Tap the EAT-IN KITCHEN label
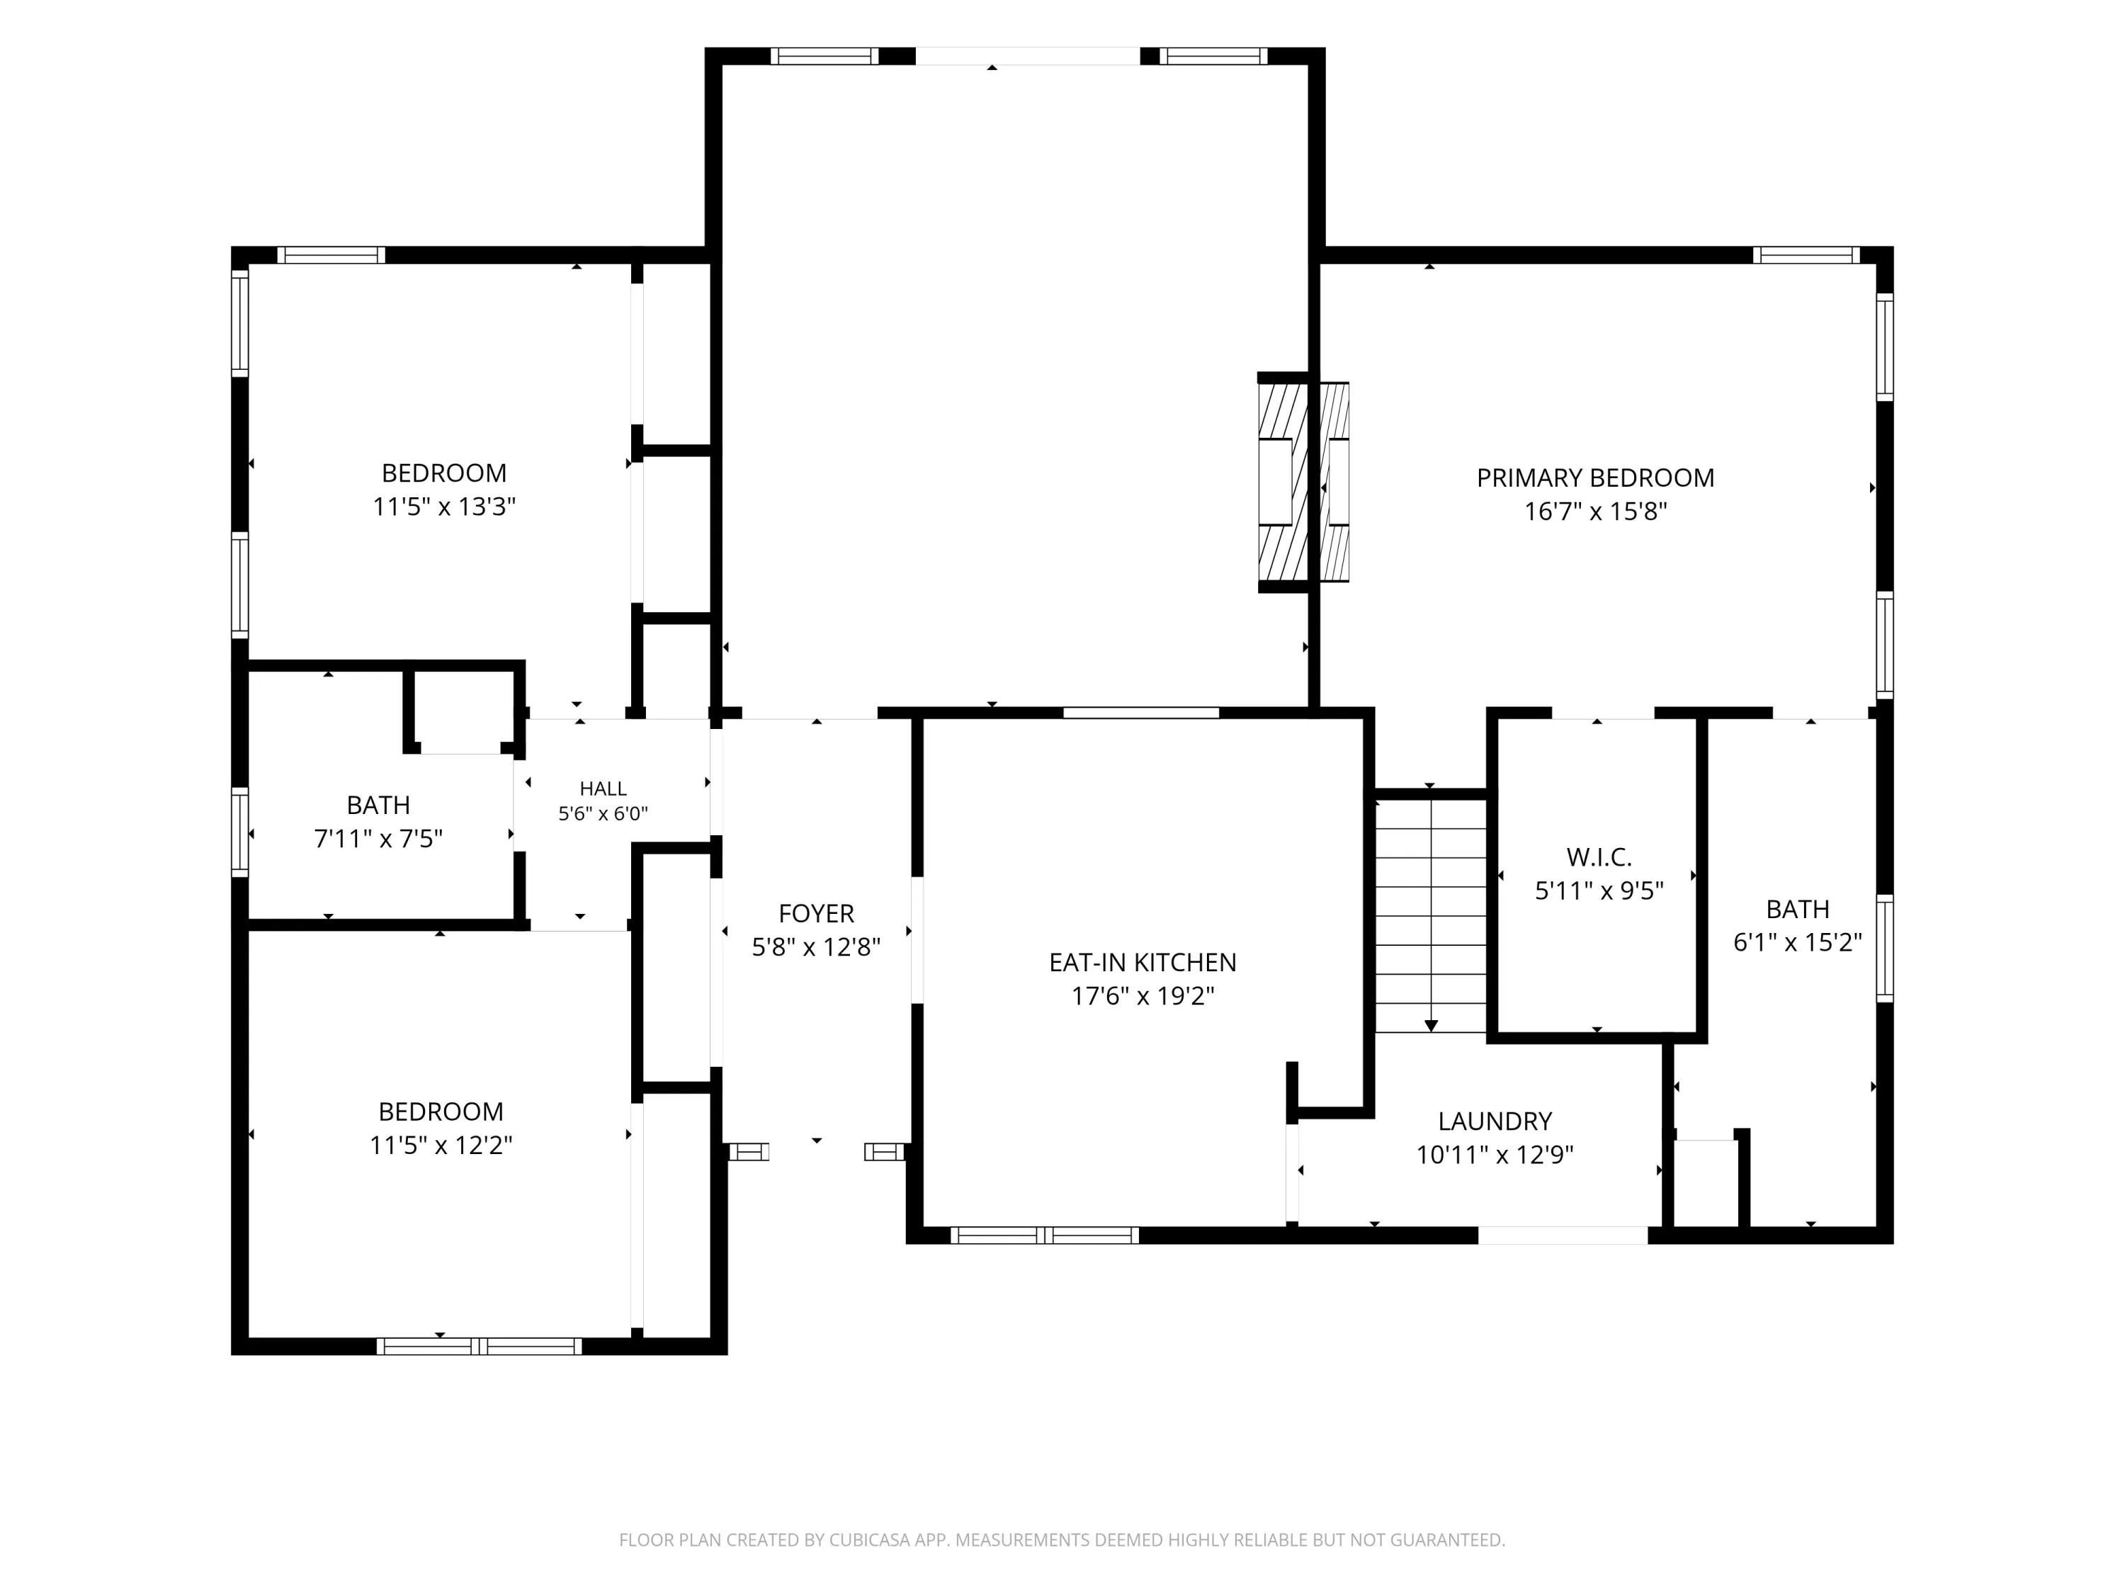tap(1143, 962)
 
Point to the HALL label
tap(603, 788)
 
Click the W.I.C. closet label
tap(1599, 857)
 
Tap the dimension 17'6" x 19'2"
tap(1143, 995)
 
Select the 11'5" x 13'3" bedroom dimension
tap(444, 507)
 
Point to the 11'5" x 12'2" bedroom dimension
tap(441, 1146)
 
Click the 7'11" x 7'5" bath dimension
tap(378, 839)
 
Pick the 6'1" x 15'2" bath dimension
tap(1798, 942)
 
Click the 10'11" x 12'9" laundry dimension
tap(1495, 1154)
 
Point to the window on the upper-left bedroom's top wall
tap(331, 254)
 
